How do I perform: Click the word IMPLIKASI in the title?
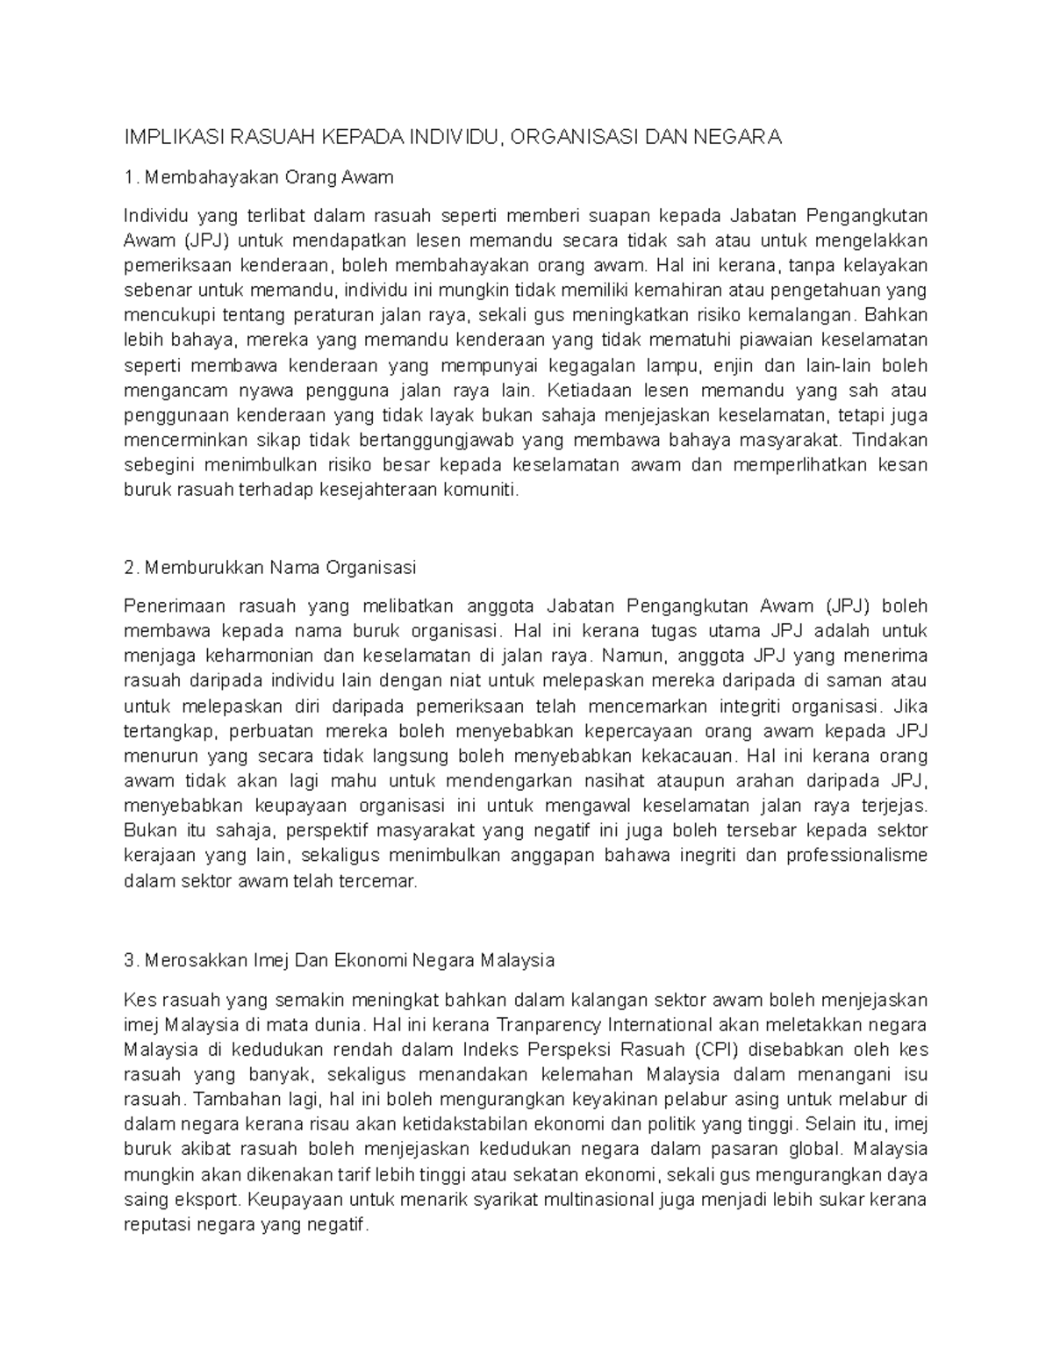171,137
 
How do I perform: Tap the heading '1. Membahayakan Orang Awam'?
259,177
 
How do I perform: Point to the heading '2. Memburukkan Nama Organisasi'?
270,568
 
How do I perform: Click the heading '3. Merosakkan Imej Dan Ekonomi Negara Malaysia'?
340,960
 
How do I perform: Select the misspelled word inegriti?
706,856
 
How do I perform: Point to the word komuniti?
483,491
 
